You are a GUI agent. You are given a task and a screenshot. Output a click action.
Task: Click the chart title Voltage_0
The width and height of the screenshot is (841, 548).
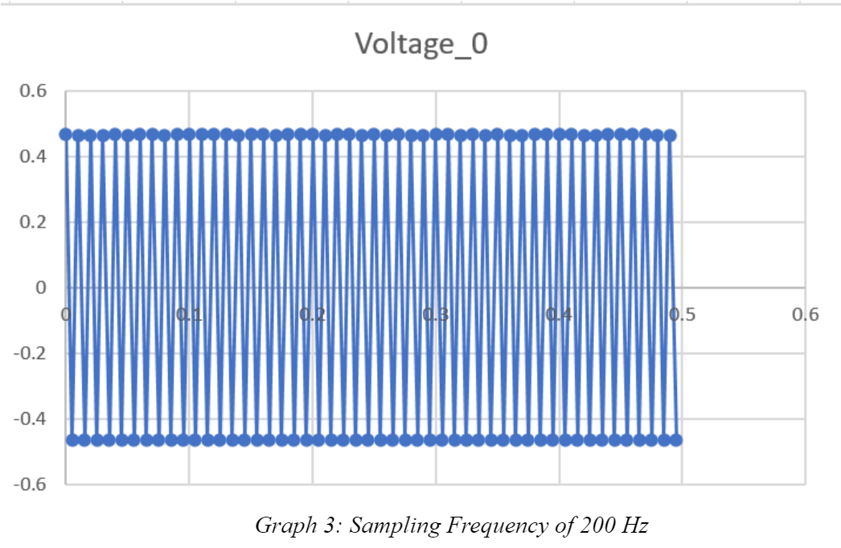pos(421,45)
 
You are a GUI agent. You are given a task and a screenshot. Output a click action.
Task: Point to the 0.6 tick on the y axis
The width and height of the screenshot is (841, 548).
pos(33,92)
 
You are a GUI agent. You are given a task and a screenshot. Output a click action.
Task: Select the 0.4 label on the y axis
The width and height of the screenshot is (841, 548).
pos(33,157)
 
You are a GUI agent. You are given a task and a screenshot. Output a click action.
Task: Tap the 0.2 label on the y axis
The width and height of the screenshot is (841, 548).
pos(33,223)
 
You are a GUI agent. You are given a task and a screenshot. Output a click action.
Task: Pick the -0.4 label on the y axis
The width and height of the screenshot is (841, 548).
pos(30,419)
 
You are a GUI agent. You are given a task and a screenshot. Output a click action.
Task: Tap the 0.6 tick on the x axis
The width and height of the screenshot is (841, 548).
pos(805,314)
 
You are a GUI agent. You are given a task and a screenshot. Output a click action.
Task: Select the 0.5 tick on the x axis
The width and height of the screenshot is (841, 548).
pos(682,314)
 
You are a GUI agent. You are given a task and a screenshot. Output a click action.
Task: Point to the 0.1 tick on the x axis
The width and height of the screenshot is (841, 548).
pos(189,314)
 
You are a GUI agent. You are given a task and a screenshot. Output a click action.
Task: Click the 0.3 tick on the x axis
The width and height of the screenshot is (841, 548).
pos(435,314)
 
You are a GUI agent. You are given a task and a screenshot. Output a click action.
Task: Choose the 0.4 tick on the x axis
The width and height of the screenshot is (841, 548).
pos(559,314)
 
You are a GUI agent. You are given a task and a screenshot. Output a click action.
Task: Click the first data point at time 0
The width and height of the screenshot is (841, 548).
pos(66,134)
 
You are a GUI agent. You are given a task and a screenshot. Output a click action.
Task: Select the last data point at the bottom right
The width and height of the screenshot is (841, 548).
pos(676,440)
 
